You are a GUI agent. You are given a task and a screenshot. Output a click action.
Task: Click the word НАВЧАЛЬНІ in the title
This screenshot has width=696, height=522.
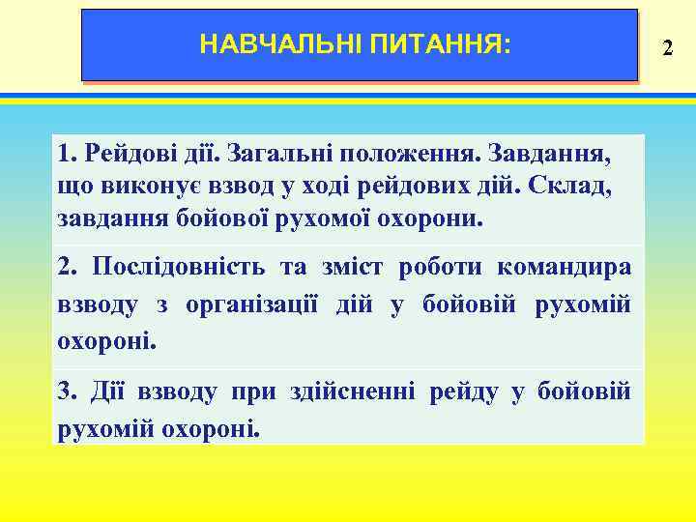pos(280,44)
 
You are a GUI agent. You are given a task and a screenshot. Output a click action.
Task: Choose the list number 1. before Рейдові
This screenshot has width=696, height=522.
pos(67,154)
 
